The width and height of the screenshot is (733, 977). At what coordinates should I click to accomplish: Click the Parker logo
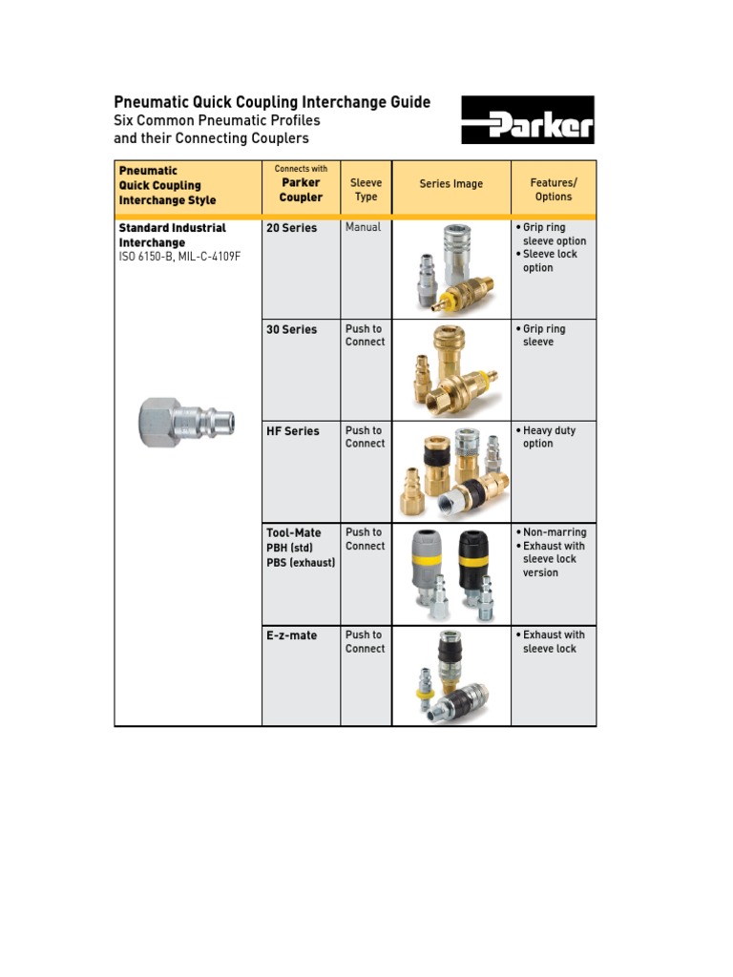coord(528,119)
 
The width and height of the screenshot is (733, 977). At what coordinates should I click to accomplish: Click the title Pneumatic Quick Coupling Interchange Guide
coord(272,102)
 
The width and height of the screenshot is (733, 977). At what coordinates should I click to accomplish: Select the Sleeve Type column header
coord(366,190)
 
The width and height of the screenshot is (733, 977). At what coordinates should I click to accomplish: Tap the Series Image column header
coord(450,184)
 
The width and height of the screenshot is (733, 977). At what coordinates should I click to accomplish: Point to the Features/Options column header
coord(554,190)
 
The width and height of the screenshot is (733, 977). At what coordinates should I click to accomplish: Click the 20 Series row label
coord(292,228)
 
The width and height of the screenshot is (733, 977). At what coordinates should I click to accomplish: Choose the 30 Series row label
coord(292,330)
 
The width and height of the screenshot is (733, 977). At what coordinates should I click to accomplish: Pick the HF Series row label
coord(293,431)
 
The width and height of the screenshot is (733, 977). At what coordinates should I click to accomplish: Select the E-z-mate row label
coord(292,635)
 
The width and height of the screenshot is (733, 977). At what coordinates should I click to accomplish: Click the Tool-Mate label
coord(294,533)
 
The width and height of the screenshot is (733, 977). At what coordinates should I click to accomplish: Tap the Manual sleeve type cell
coord(363,227)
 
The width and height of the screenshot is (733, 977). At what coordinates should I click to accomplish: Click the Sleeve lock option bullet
coord(550,260)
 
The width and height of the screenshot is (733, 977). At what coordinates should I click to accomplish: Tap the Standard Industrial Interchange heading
coord(172,235)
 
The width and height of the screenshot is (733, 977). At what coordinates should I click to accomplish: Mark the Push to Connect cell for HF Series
coord(365,437)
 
